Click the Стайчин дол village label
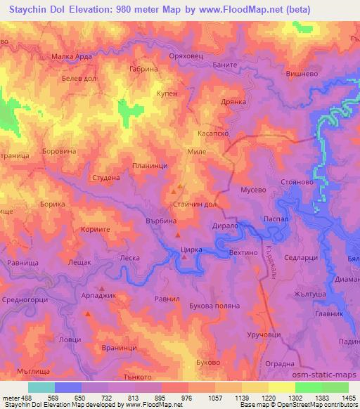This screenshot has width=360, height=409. point(192,204)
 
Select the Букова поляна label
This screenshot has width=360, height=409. point(215,306)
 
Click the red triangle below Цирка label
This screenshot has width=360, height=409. point(184,257)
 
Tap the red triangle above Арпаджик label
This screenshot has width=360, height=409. point(102,289)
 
